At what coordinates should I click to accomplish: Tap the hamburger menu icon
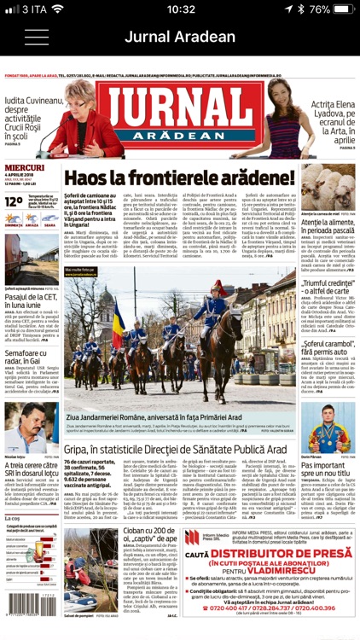point(36,38)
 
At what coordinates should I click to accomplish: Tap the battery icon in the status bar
point(342,9)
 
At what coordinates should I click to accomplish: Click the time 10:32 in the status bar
point(181,9)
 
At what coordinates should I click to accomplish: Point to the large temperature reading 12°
point(14,202)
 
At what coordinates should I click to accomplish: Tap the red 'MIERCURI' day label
point(25,167)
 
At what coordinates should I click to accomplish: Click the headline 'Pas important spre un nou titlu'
point(328,466)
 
